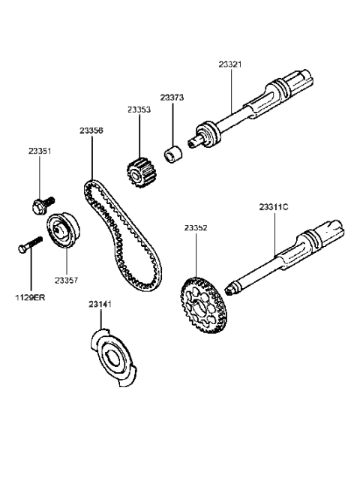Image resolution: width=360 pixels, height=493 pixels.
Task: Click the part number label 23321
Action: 230,65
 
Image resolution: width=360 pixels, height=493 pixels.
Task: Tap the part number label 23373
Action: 172,98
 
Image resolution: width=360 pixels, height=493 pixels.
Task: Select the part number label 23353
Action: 139,110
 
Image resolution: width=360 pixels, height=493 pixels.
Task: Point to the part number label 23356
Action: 91,131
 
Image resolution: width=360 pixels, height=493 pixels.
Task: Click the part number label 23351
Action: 40,152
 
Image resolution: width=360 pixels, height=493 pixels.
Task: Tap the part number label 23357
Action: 66,281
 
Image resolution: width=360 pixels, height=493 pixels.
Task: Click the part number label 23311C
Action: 274,206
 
